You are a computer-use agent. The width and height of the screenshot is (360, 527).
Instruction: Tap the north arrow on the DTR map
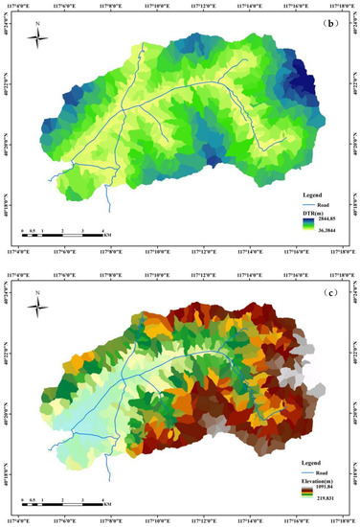[38, 37]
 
